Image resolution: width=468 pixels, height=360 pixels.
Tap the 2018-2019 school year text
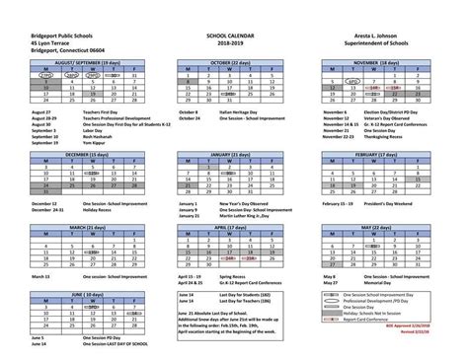[234, 42]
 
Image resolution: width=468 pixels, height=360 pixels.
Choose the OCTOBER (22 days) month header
[233, 61]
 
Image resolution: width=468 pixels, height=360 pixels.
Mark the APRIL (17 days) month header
[233, 225]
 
